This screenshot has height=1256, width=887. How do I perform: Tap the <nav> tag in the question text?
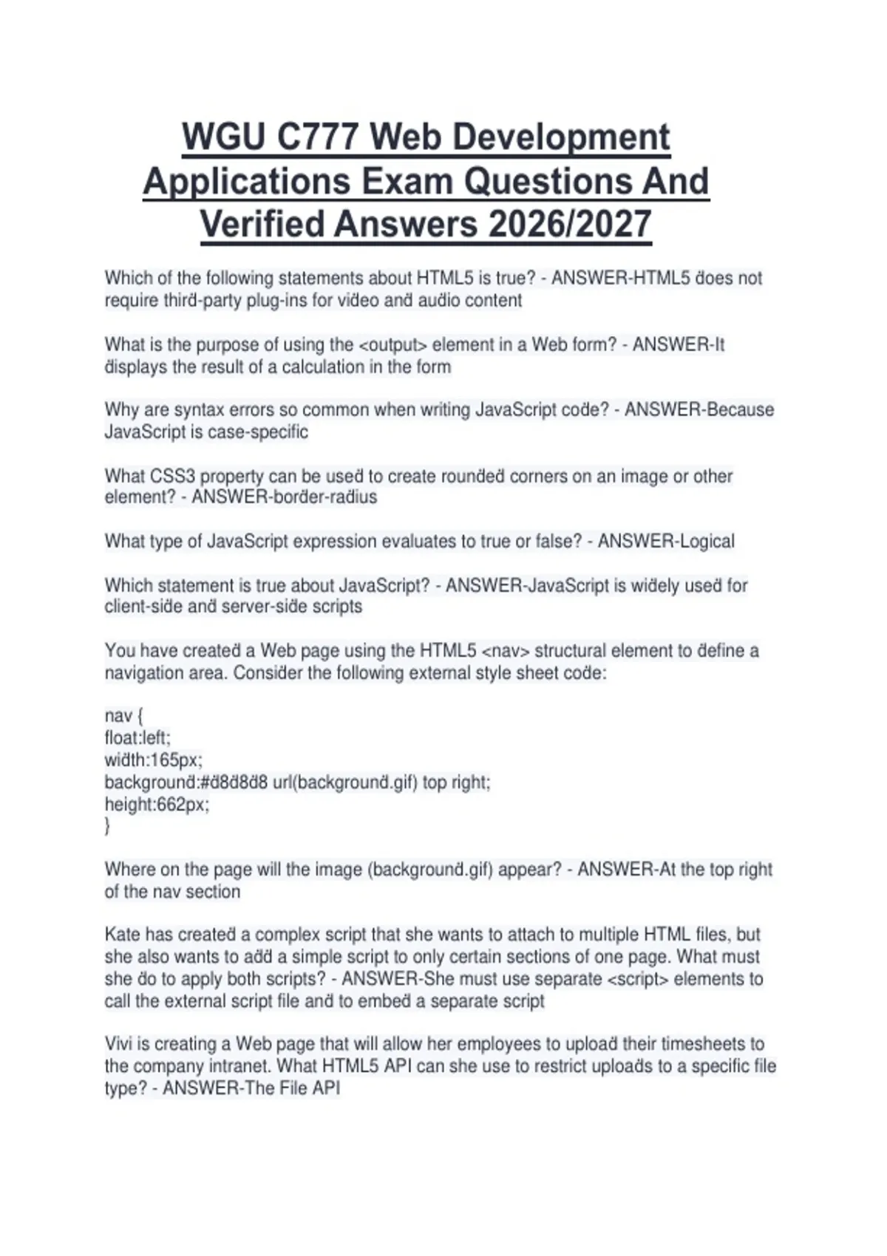click(505, 651)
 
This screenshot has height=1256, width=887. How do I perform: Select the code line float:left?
click(137, 737)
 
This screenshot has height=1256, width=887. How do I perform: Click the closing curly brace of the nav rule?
click(108, 826)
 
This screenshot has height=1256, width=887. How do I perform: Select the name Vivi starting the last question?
click(118, 1044)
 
